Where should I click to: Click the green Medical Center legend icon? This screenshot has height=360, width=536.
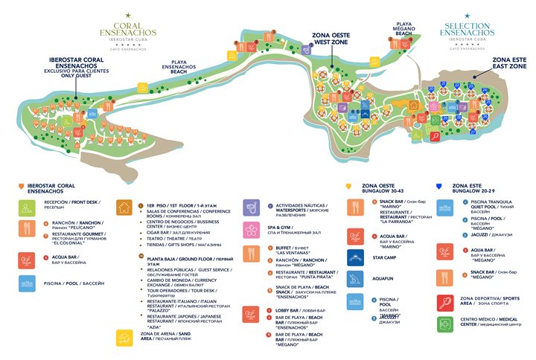click(x=445, y=324)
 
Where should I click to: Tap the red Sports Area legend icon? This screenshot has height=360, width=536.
click(x=445, y=303)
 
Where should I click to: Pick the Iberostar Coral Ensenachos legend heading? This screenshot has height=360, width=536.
click(x=51, y=187)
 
